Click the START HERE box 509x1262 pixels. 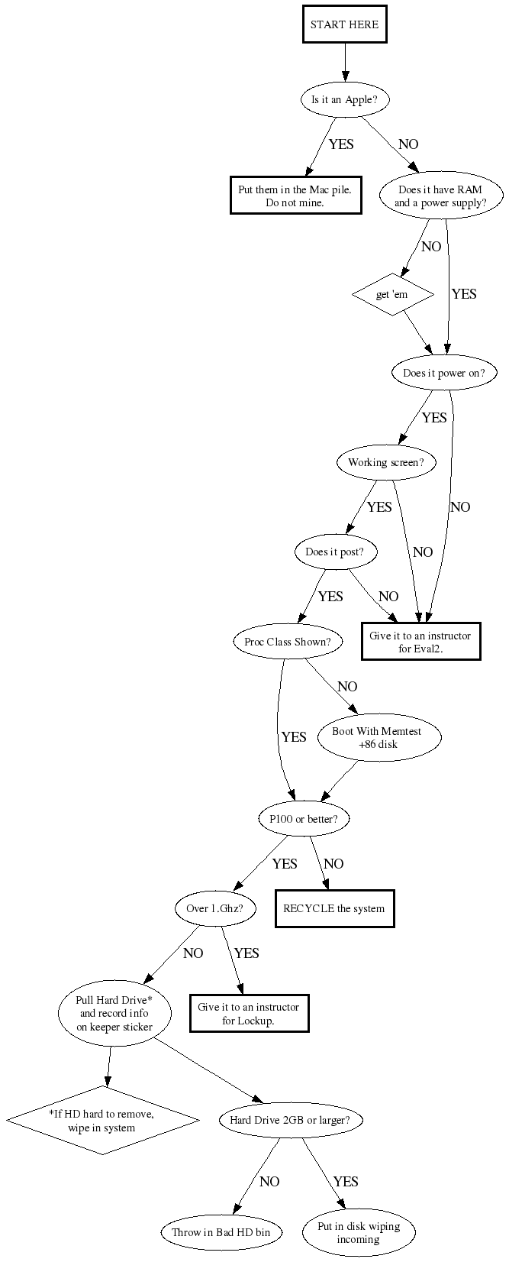(345, 24)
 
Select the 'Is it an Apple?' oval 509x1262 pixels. (345, 100)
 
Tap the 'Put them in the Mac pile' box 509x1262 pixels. (295, 196)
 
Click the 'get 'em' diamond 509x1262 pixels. (392, 294)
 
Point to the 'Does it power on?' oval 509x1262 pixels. (443, 372)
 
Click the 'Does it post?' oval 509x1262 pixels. (335, 552)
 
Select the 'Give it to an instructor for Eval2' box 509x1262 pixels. (420, 641)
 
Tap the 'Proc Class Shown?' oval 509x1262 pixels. (288, 642)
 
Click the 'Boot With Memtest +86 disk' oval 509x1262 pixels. (379, 737)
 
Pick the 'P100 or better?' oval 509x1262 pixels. (304, 819)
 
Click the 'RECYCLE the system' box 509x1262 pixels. (334, 908)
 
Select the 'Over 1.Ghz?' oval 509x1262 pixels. (215, 908)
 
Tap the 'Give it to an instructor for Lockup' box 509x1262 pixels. (249, 1013)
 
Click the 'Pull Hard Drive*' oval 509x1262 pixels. (114, 1013)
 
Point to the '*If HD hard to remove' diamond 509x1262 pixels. (102, 1121)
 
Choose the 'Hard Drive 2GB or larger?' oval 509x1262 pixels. (290, 1120)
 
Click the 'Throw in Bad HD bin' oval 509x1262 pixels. (221, 1232)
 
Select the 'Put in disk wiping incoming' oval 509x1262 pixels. (359, 1232)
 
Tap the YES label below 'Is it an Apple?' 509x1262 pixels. (341, 144)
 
